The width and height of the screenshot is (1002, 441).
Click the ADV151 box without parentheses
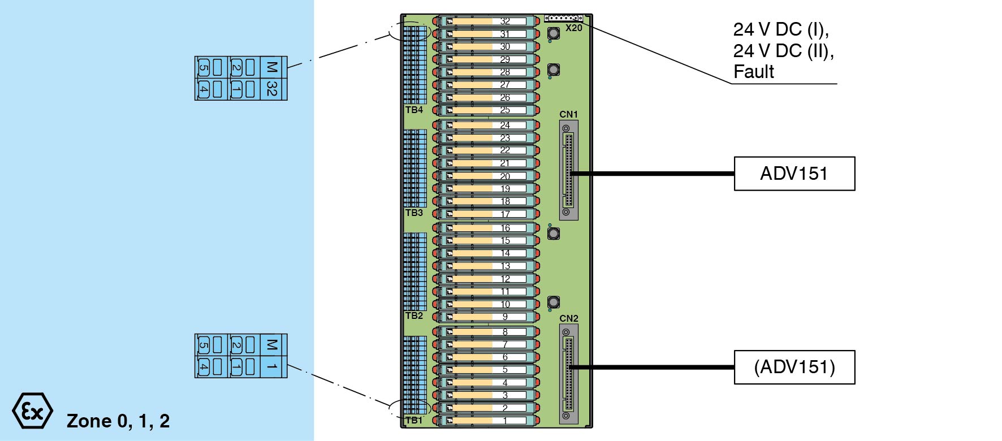point(794,174)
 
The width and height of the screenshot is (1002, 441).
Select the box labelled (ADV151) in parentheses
point(794,367)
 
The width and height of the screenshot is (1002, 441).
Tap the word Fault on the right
point(753,72)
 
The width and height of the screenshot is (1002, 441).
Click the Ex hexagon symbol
point(32,411)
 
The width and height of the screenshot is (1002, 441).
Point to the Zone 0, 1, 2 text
point(118,421)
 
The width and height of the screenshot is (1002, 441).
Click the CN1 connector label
point(568,114)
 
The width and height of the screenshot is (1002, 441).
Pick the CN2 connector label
point(568,318)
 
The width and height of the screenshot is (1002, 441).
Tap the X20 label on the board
point(573,28)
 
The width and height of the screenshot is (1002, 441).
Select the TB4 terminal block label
point(414,110)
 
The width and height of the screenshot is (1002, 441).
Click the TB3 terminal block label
point(414,213)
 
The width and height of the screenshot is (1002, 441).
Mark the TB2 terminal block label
point(414,315)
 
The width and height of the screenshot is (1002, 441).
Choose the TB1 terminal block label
point(414,420)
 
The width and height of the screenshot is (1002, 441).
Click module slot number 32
point(505,21)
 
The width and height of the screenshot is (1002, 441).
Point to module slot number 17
point(505,214)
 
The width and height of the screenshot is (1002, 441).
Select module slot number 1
point(505,421)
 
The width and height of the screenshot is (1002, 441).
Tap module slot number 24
point(505,125)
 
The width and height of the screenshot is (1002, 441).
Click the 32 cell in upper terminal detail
point(272,89)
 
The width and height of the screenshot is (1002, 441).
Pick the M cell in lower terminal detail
point(272,344)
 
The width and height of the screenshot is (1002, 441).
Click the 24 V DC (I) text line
point(780,29)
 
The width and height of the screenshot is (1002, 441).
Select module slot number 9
point(505,317)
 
